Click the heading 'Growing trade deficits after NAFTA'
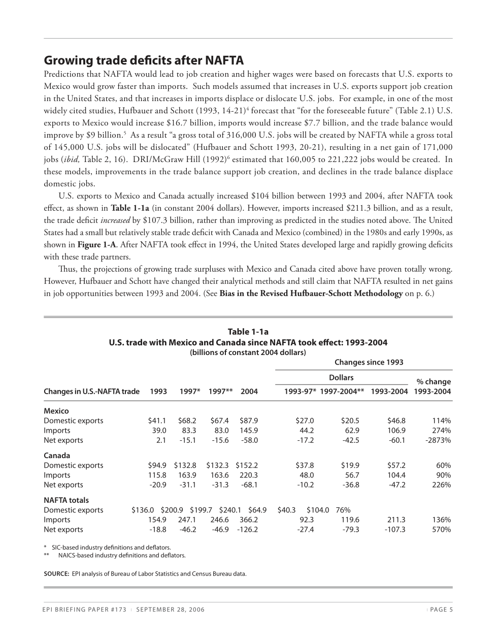(x=144, y=61)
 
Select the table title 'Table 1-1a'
(x=248, y=332)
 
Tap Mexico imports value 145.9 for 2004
(x=249, y=431)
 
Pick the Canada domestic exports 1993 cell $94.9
(x=157, y=465)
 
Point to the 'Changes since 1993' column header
(x=369, y=362)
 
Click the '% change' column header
(x=433, y=381)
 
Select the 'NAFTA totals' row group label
(x=66, y=500)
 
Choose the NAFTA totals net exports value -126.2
(x=247, y=529)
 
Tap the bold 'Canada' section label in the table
(x=57, y=456)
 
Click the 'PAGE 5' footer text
(x=441, y=610)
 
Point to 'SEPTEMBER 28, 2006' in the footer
(x=171, y=610)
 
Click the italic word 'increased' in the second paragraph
(x=115, y=220)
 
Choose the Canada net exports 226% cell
(x=441, y=485)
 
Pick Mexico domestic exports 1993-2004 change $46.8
(x=396, y=421)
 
